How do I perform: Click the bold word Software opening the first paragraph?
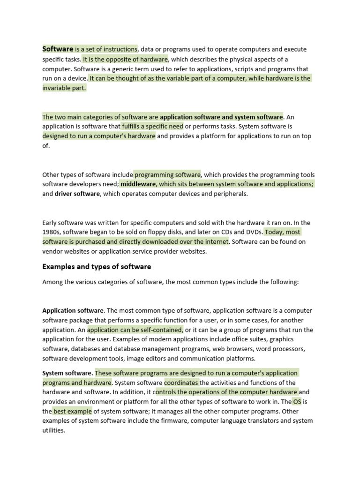(x=58, y=49)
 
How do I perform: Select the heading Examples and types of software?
(x=97, y=267)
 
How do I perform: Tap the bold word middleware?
(x=138, y=184)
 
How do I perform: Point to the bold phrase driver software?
(x=77, y=194)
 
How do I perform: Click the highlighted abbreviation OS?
(x=298, y=402)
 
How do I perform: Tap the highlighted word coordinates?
(x=181, y=382)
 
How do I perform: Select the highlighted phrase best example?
(x=73, y=411)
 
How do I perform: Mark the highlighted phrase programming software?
(x=167, y=174)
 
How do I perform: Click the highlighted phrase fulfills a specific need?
(x=152, y=127)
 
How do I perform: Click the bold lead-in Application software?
(x=73, y=310)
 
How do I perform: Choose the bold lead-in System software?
(x=67, y=373)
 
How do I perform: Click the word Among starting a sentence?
(x=52, y=282)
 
